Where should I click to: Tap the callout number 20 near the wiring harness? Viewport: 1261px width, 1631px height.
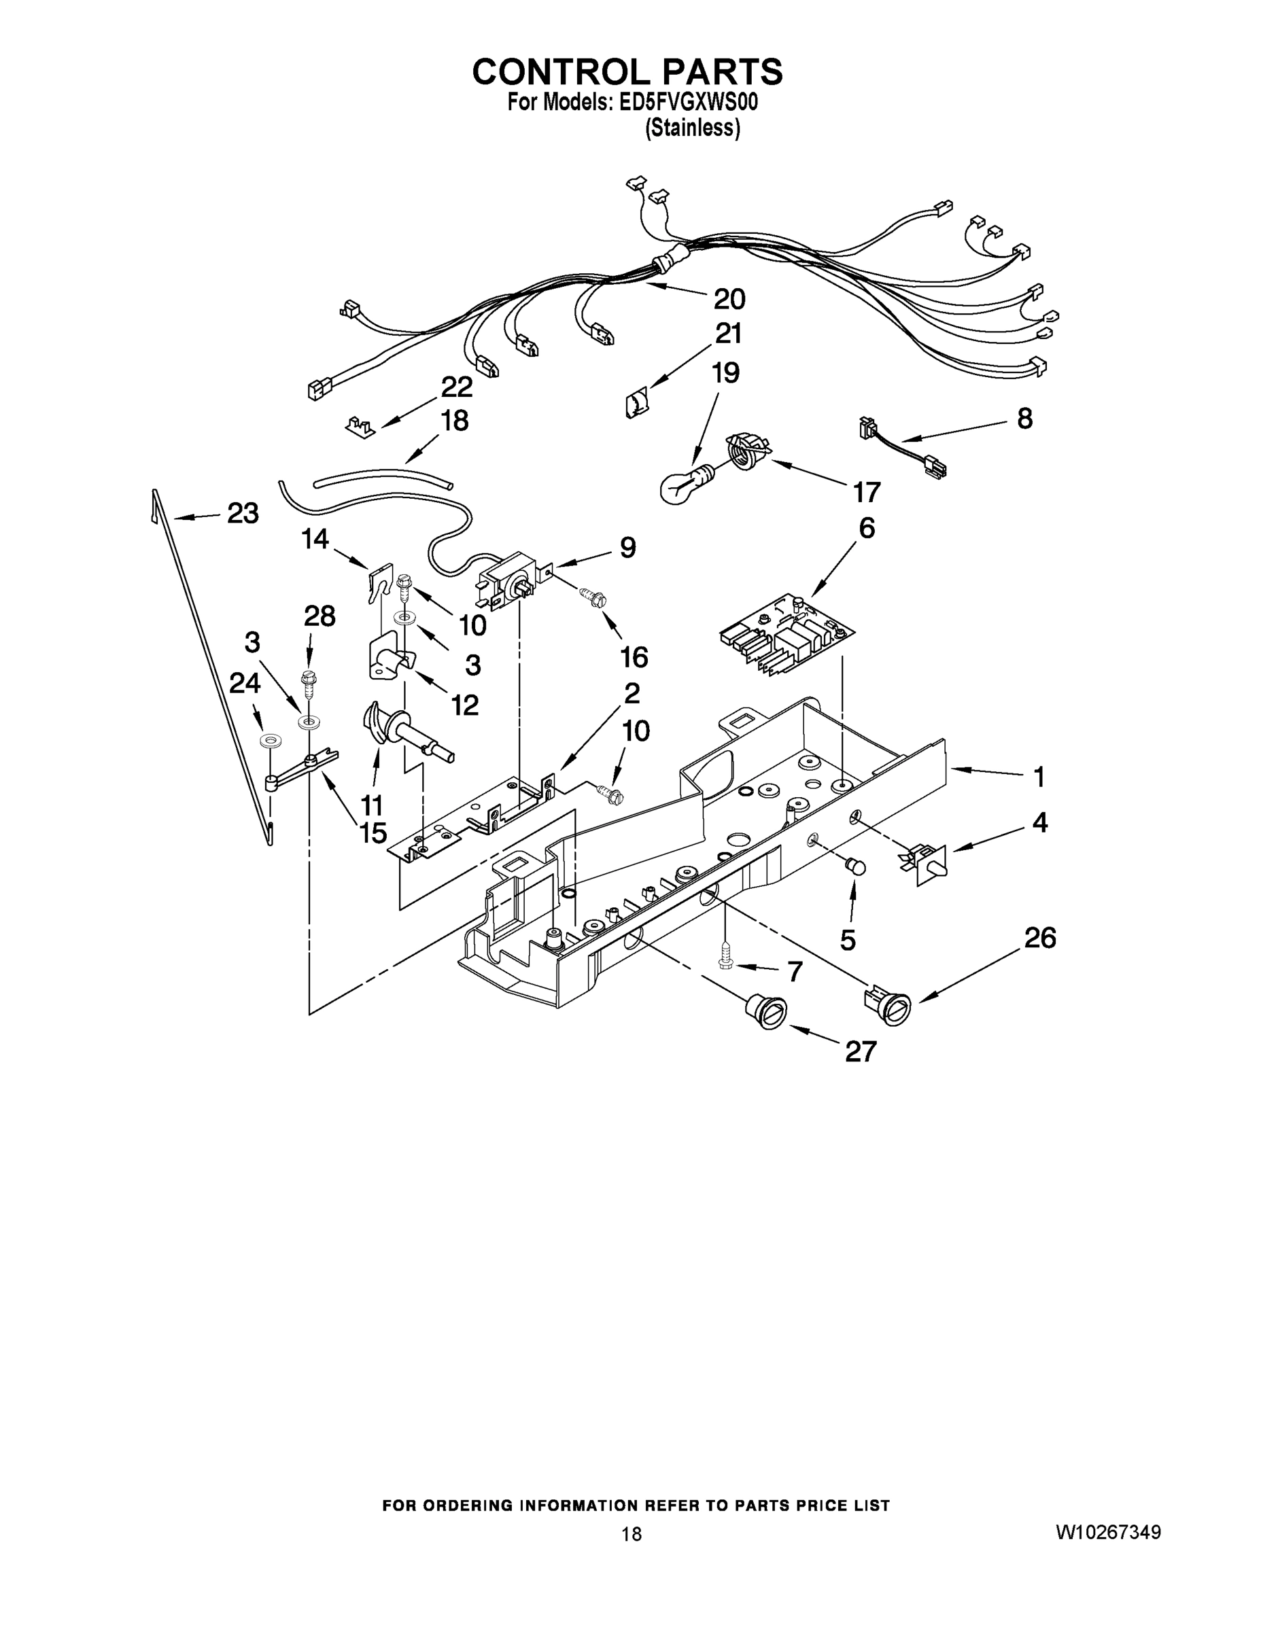click(729, 299)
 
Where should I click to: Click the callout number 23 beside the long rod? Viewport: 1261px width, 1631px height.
click(243, 513)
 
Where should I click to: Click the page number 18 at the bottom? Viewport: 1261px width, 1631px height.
click(632, 1534)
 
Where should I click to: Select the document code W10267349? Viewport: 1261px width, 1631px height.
click(1108, 1532)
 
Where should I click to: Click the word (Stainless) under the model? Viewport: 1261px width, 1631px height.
click(693, 128)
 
